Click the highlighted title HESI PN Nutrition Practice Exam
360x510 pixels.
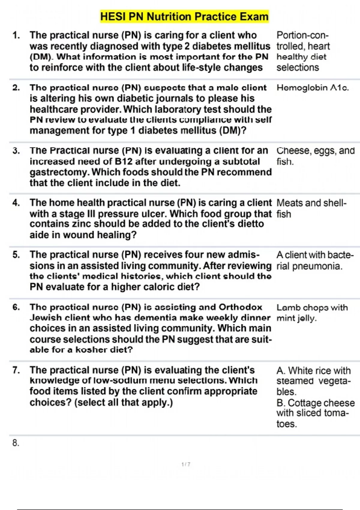click(x=184, y=16)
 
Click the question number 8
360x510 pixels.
click(x=16, y=443)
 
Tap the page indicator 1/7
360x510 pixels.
click(x=186, y=464)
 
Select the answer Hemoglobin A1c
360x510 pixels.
click(x=312, y=88)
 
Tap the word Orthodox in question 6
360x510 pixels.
click(x=240, y=307)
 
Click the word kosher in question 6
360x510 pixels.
click(x=91, y=350)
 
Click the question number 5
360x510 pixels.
click(x=16, y=255)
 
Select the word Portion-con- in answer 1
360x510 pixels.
click(x=302, y=35)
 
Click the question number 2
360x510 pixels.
click(x=16, y=88)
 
